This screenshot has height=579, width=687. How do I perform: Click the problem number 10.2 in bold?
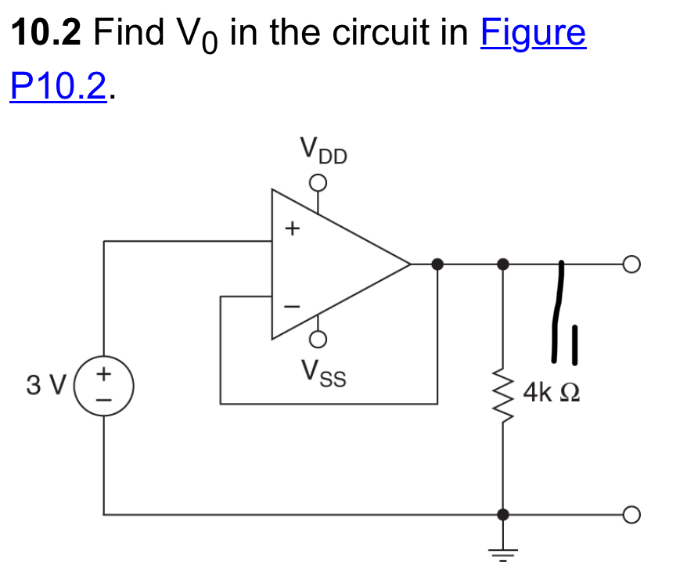pyautogui.click(x=46, y=33)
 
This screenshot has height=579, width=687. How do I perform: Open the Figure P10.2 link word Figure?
pyautogui.click(x=534, y=33)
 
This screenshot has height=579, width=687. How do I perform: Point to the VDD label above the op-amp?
pyautogui.click(x=323, y=150)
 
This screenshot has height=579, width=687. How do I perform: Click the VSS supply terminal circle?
pyautogui.click(x=318, y=339)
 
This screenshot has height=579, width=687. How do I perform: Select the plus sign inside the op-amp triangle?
pyautogui.click(x=292, y=229)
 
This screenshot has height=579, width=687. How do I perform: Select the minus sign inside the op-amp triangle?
pyautogui.click(x=292, y=307)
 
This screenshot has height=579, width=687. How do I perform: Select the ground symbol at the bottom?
pyautogui.click(x=502, y=552)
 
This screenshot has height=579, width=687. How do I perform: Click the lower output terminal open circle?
pyautogui.click(x=631, y=515)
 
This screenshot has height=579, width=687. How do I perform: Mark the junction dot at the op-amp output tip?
pyautogui.click(x=438, y=264)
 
